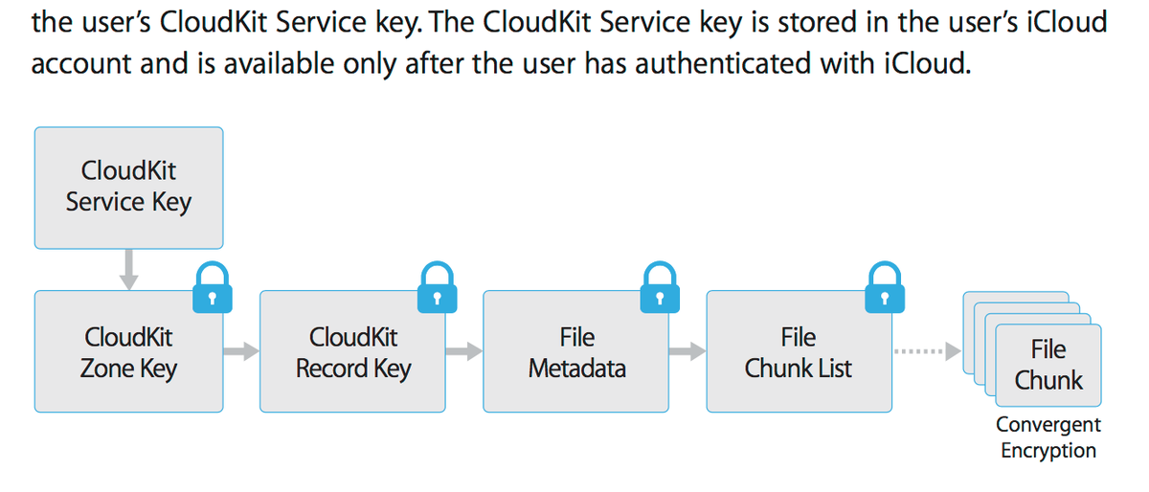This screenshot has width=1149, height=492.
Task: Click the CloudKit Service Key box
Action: point(128,188)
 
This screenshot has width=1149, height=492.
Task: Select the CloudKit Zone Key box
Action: point(128,352)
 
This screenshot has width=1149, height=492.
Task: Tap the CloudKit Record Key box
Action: point(352,352)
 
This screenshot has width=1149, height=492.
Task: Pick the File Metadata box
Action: point(576,352)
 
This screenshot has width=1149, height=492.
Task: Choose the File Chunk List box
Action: point(798,352)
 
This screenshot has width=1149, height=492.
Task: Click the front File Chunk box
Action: point(1048,365)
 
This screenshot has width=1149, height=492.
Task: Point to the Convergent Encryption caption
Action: point(1048,437)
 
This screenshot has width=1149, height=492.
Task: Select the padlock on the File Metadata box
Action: point(660,288)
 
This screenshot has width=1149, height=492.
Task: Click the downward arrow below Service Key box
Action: point(128,269)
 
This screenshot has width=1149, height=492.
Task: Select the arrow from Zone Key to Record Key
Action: point(241,352)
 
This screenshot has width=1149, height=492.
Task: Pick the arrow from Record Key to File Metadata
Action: point(464,352)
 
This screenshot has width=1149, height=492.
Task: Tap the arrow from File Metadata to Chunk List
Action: point(688,352)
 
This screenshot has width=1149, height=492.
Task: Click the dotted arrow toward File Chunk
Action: point(925,352)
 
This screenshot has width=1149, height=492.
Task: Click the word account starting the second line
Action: point(79,65)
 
